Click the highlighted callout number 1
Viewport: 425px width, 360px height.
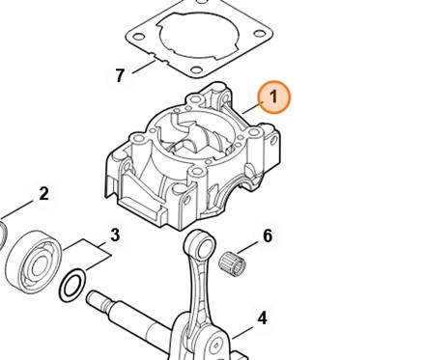pyautogui.click(x=273, y=97)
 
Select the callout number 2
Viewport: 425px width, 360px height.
pyautogui.click(x=43, y=194)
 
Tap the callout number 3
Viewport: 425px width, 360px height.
pyautogui.click(x=115, y=235)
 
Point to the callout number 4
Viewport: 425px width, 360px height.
pyautogui.click(x=263, y=318)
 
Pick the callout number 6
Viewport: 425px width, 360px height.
pyautogui.click(x=268, y=235)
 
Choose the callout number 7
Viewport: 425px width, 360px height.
pyautogui.click(x=120, y=75)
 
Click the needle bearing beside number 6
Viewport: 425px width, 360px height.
pyautogui.click(x=232, y=264)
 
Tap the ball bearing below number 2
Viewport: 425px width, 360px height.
pyautogui.click(x=34, y=263)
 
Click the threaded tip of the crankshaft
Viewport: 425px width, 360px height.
pyautogui.click(x=94, y=296)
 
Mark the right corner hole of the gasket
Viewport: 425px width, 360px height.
pyautogui.click(x=259, y=34)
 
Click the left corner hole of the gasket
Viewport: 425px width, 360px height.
pyautogui.click(x=138, y=37)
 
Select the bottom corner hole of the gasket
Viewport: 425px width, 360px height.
pyautogui.click(x=195, y=70)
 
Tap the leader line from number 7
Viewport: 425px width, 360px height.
pyautogui.click(x=144, y=67)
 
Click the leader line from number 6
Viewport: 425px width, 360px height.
pyautogui.click(x=247, y=247)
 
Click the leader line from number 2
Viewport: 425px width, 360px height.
pyautogui.click(x=17, y=209)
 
